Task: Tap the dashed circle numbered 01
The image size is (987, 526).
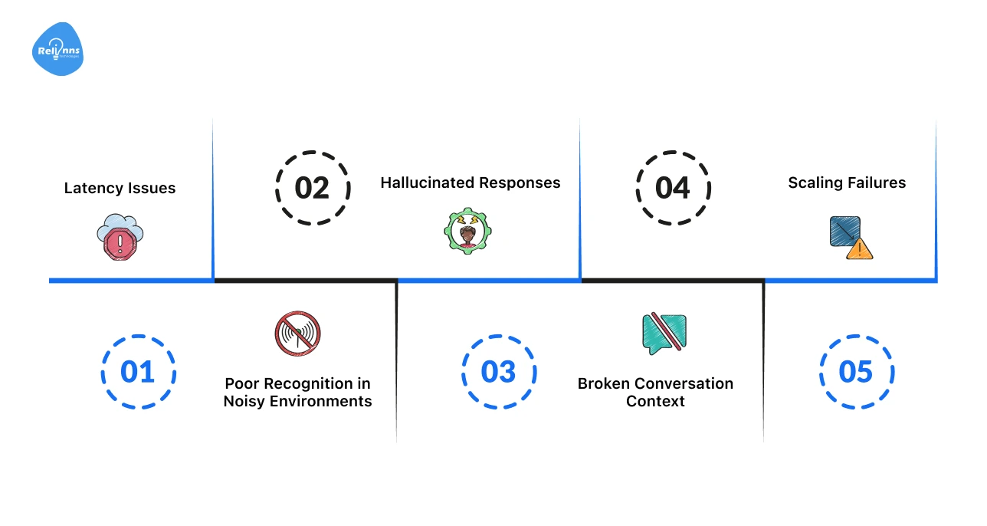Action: (x=138, y=372)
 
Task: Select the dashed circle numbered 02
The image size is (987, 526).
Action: (x=312, y=188)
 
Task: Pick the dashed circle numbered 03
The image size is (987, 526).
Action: (x=499, y=372)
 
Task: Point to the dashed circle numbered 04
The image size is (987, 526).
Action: (x=673, y=188)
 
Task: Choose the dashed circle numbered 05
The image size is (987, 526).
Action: (x=856, y=372)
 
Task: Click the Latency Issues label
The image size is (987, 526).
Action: (x=120, y=188)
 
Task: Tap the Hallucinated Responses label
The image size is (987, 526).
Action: (x=471, y=182)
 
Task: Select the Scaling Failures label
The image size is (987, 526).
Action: (x=847, y=182)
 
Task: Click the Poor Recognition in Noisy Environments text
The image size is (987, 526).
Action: (x=297, y=392)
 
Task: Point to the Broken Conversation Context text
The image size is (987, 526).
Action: (x=655, y=392)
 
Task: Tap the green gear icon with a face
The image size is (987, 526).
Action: (x=468, y=232)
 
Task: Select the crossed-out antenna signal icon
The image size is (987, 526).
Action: (x=297, y=334)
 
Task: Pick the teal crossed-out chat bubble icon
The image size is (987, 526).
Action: (x=664, y=334)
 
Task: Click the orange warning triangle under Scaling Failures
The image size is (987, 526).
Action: (x=860, y=248)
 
